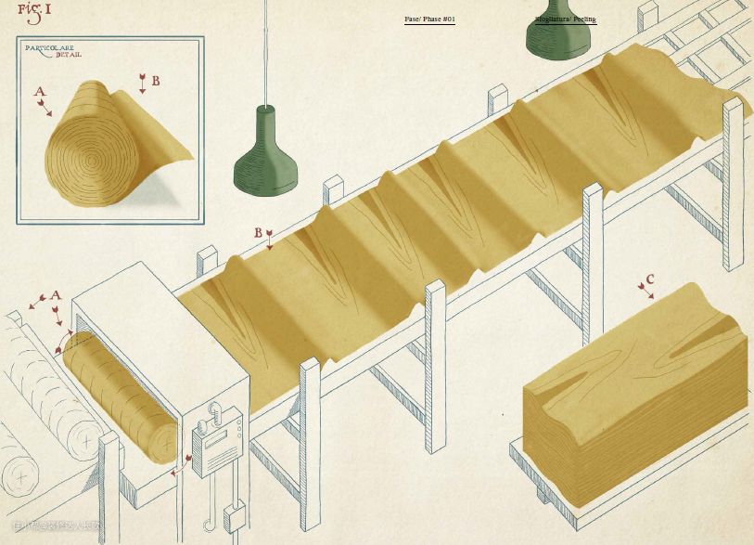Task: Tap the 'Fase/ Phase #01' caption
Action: click(429, 19)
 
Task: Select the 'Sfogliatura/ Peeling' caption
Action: click(565, 19)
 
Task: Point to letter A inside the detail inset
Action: click(39, 92)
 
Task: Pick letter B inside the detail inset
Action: click(156, 81)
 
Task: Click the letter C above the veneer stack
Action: click(650, 278)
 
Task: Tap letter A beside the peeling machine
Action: click(55, 295)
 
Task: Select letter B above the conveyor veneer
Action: click(259, 232)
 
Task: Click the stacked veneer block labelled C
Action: click(635, 390)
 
